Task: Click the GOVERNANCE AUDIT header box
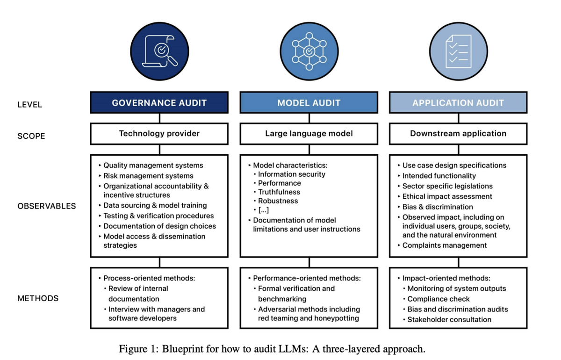[x=159, y=103]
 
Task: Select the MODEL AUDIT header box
[x=309, y=103]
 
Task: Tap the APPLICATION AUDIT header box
[x=458, y=103]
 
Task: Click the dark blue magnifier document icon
[x=159, y=51]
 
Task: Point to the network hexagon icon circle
[x=309, y=51]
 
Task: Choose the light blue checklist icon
[x=458, y=51]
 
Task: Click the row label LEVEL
[x=30, y=104]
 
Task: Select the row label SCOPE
[x=31, y=136]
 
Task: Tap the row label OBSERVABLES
[x=46, y=206]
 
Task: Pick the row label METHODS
[x=38, y=298]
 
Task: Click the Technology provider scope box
[x=159, y=134]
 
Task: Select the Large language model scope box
[x=309, y=134]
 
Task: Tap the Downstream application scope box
[x=458, y=134]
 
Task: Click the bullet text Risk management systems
[x=148, y=176]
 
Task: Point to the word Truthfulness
[x=279, y=192]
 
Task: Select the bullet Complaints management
[x=444, y=245]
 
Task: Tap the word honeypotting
[x=337, y=318]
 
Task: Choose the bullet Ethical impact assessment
[x=447, y=196]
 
